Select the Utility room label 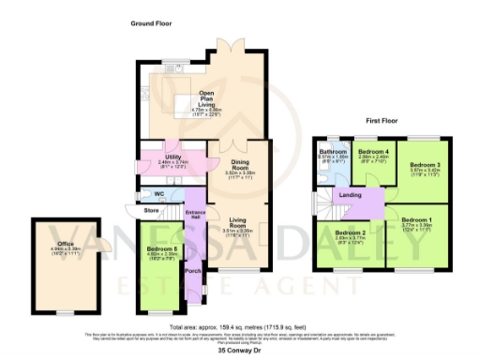coord(172,157)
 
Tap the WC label coord(159,194)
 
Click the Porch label coord(192,271)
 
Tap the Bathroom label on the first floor coord(333,151)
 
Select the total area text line coord(239,320)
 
